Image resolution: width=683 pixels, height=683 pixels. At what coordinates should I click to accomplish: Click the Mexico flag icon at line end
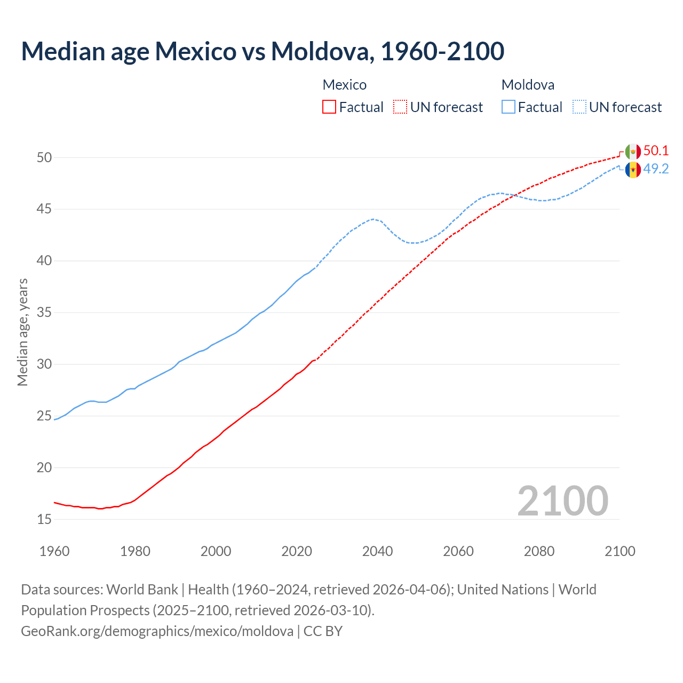(x=633, y=152)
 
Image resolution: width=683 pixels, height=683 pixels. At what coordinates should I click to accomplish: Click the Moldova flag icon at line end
(x=633, y=170)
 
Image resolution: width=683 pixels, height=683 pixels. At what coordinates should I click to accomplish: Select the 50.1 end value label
(x=656, y=151)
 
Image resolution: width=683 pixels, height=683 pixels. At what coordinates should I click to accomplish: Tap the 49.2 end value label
(x=656, y=169)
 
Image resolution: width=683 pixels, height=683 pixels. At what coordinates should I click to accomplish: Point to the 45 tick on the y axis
(x=44, y=209)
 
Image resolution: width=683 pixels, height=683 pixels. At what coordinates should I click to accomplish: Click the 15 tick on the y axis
(x=44, y=519)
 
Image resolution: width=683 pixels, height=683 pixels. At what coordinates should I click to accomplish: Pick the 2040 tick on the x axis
(x=377, y=551)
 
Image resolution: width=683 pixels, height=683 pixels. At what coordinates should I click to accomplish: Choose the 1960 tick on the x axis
(x=54, y=551)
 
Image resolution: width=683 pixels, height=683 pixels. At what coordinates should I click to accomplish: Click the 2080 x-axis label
(x=539, y=551)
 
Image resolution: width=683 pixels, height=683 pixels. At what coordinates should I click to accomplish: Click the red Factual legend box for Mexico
(x=329, y=107)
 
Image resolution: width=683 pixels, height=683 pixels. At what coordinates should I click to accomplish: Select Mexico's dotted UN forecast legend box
(x=400, y=107)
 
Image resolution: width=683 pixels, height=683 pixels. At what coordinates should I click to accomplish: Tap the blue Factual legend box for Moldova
(x=509, y=107)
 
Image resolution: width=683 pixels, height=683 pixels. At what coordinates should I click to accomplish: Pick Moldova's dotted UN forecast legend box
(x=579, y=107)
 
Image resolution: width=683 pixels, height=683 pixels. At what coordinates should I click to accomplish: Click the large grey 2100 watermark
(x=562, y=501)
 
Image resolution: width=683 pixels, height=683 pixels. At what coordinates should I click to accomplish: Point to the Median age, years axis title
(x=22, y=332)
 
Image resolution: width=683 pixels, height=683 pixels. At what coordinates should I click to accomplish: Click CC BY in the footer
(x=323, y=631)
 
